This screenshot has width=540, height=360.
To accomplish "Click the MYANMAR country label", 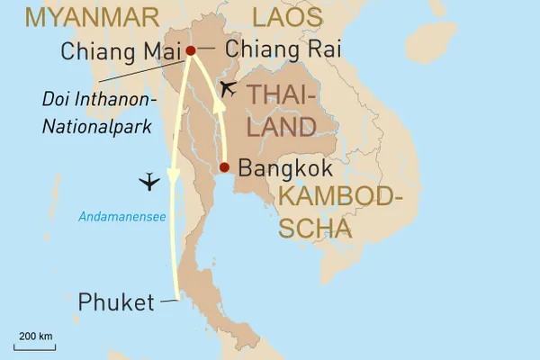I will tap(79, 17).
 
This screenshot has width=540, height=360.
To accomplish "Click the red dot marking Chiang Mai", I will tap(190, 50).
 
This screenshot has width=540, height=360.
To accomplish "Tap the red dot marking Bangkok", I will tap(224, 167).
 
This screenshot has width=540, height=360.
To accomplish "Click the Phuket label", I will tap(116, 301).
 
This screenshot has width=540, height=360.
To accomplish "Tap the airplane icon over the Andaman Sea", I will tap(150, 183).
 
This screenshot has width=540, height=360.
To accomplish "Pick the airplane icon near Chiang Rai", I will tap(229, 88).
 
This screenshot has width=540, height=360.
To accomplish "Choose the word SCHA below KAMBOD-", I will tap(314, 229).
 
